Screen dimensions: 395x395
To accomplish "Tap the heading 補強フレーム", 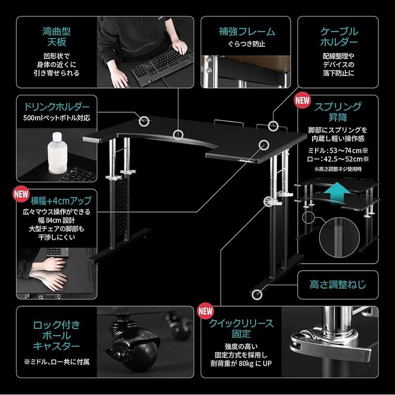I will pos(247,32).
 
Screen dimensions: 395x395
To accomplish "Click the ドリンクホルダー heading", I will pos(57,107).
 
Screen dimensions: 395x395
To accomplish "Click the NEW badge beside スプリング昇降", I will pos(302,99).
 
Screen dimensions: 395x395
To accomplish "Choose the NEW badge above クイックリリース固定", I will pos(205,311).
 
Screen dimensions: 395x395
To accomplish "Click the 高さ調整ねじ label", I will pos(337,285).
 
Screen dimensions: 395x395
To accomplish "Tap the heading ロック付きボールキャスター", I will pos(56,335).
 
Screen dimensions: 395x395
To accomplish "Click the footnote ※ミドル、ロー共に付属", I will pos(56,362).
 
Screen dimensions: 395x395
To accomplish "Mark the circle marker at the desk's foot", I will pos(256,295).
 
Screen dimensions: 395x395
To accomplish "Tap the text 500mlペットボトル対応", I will pos(56,118).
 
